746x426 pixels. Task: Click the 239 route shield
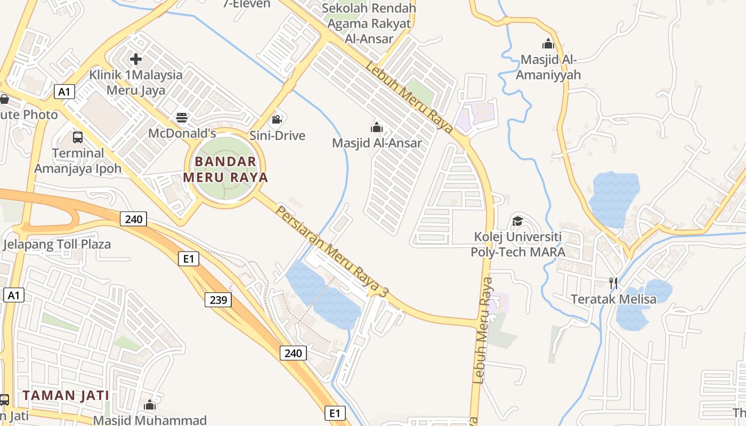coord(218,300)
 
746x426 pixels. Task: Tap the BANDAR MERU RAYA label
coord(225,169)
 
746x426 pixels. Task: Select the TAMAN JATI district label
coord(66,396)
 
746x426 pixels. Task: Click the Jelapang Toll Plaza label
coord(57,244)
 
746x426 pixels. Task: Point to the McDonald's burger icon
coord(182,118)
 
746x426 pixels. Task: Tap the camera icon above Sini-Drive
coord(277,119)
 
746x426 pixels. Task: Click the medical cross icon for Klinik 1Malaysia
coord(136,59)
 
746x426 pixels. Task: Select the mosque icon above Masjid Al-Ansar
coord(377,127)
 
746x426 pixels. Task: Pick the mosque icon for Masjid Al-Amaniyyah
coord(548,44)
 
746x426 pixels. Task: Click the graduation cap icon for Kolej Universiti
coord(517,221)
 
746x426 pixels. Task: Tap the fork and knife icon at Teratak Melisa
coord(613,283)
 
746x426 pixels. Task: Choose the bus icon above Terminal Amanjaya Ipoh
coord(78,137)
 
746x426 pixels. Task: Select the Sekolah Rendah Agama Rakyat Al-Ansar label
coord(369,23)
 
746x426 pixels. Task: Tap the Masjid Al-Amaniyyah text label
coord(549,67)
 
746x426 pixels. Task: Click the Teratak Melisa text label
coord(614,299)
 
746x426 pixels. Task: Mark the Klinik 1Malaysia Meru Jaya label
coord(136,82)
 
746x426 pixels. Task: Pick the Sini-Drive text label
coord(278,135)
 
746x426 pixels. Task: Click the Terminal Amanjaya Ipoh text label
coord(78,161)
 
